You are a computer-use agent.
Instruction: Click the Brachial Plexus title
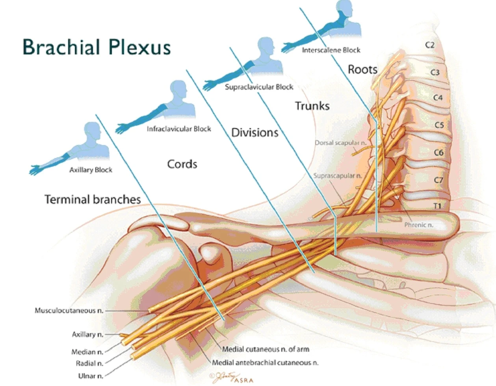(97, 47)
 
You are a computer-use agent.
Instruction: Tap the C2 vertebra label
(430, 45)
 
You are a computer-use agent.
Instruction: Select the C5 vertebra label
(439, 125)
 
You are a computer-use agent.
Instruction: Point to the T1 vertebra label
(437, 206)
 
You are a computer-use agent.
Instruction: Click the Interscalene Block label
(331, 50)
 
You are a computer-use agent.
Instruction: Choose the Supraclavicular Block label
(259, 87)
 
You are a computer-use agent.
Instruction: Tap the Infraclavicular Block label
(179, 129)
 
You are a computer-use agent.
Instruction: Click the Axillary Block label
(91, 170)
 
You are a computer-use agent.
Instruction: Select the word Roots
(362, 70)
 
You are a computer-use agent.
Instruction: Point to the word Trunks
(312, 106)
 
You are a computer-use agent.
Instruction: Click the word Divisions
(255, 132)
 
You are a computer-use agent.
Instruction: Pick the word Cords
(182, 164)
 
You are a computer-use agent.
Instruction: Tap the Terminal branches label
(93, 200)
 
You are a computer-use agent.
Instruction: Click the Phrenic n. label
(418, 225)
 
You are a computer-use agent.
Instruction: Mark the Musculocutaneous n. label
(69, 311)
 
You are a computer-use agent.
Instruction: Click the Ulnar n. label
(91, 376)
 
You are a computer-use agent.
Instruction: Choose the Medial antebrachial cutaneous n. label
(265, 363)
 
